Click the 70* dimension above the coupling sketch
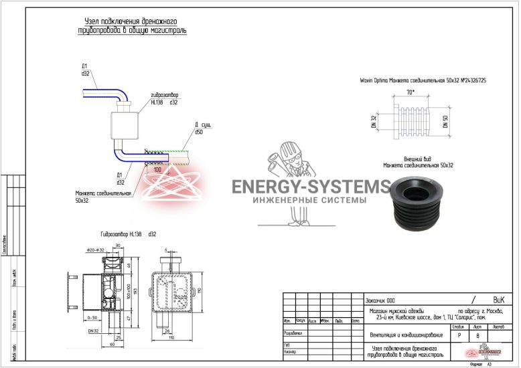click(x=411, y=92)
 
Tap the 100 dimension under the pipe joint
click(x=157, y=170)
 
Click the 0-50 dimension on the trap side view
click(x=92, y=318)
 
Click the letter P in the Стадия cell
click(x=459, y=337)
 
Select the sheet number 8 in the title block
click(x=477, y=337)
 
